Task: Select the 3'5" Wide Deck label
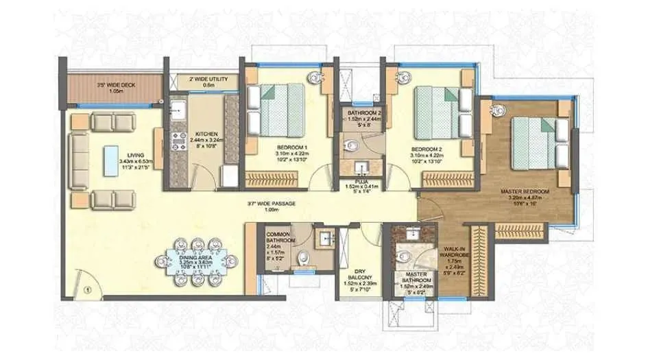click(x=116, y=87)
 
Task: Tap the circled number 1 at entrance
click(x=87, y=289)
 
